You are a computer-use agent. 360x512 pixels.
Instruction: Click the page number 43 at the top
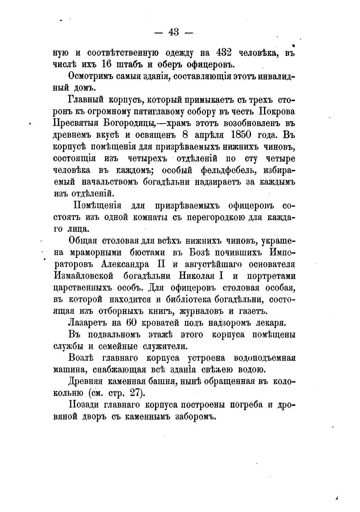(x=174, y=32)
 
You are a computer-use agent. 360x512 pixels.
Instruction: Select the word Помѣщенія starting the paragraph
(x=97, y=206)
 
